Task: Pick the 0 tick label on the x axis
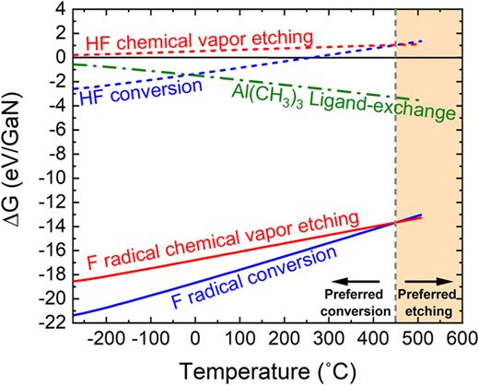coord(195,338)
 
